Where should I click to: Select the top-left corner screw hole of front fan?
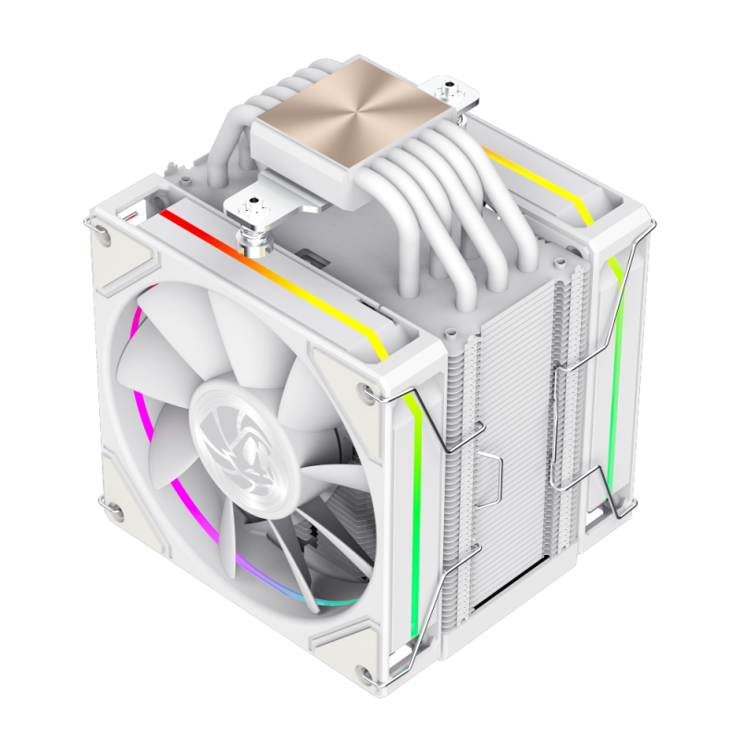[x=105, y=238]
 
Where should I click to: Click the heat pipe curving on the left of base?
[x=222, y=139]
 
